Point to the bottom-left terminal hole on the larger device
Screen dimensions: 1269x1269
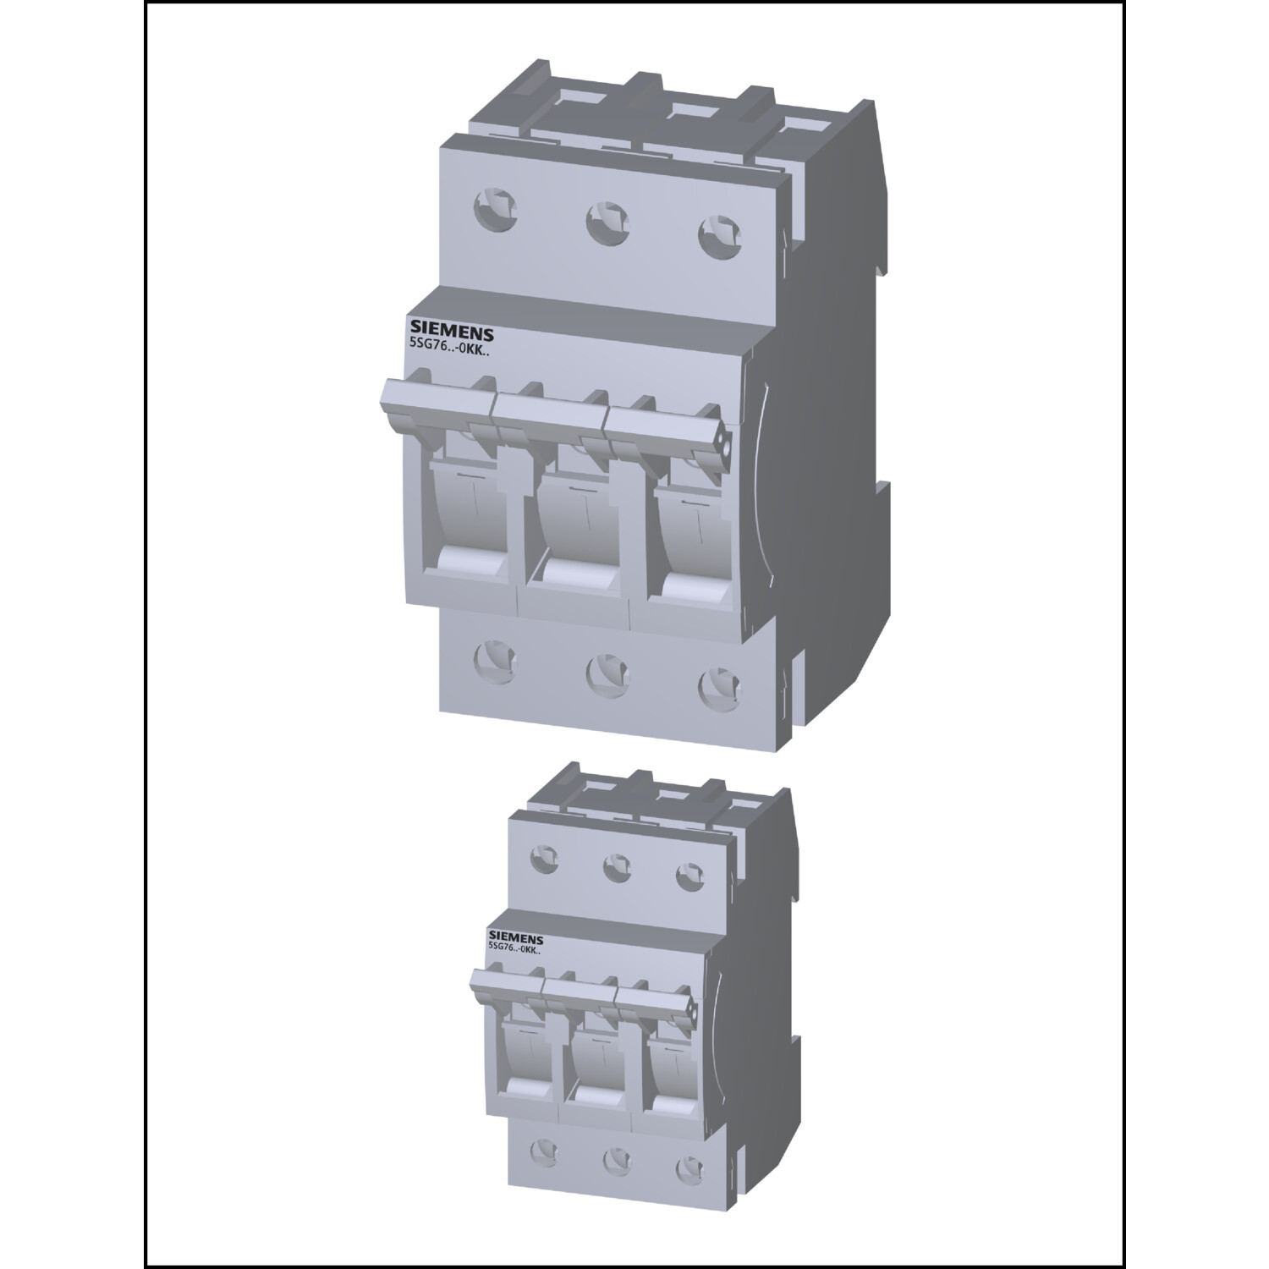click(492, 656)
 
